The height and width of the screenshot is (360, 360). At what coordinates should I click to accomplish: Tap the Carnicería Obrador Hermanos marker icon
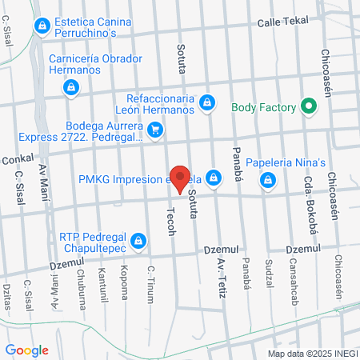71,86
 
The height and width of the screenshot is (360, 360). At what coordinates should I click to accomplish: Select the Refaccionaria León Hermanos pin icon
207,102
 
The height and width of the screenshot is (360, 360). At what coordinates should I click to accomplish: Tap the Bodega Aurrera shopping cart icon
155,127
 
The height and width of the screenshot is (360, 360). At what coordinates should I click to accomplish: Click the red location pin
182,178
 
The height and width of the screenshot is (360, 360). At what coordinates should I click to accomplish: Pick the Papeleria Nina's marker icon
214,177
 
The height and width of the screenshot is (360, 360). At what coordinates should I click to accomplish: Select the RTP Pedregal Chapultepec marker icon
138,239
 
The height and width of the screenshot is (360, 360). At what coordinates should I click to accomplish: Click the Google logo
26,350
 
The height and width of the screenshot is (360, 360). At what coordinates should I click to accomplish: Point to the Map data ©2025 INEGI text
311,353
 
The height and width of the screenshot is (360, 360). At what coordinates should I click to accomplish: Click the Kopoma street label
124,285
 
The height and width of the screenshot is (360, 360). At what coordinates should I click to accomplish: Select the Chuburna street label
82,284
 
